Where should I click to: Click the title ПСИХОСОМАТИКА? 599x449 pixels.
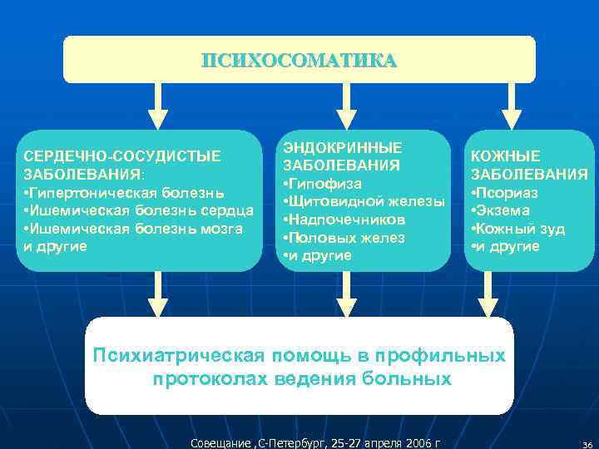299,61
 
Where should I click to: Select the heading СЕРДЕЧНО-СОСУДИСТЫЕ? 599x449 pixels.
122,155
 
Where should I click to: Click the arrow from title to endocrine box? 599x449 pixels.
350,106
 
